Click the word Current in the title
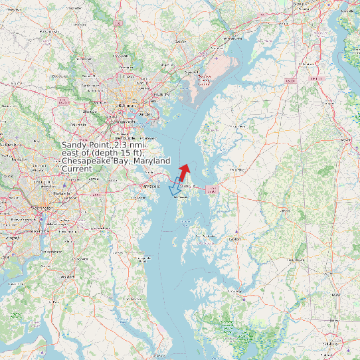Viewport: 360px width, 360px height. tap(77, 169)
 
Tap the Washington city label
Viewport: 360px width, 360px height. tap(40, 207)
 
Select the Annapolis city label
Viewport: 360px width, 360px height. tap(152, 187)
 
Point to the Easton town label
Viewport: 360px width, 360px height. tap(234, 238)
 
